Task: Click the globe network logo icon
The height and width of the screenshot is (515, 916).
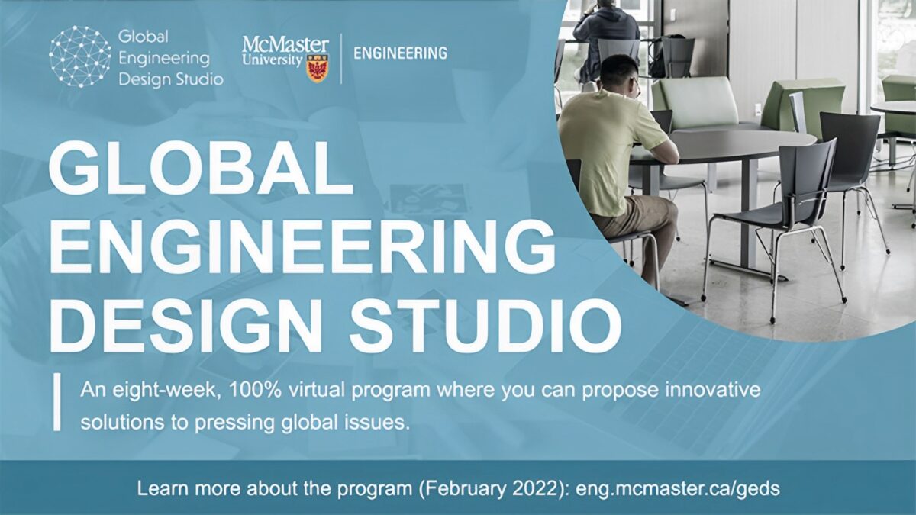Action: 80,56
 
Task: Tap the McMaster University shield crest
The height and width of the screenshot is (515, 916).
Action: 317,69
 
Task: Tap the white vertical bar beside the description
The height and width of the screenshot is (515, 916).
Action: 56,402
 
